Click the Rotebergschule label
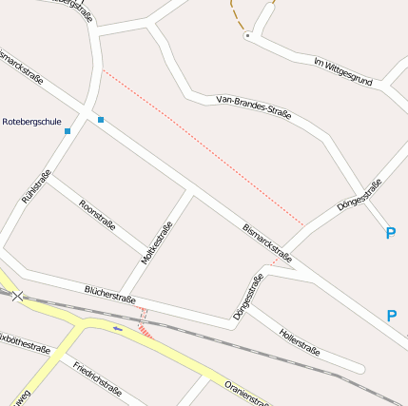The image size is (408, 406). click(32, 123)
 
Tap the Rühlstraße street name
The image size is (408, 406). click(35, 186)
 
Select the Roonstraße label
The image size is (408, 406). click(98, 214)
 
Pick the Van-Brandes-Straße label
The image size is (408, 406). click(254, 106)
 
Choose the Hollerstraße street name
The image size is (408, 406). click(300, 339)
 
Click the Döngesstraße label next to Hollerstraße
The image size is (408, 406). click(247, 297)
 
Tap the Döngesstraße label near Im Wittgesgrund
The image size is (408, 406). click(359, 195)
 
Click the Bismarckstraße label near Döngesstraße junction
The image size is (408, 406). click(267, 242)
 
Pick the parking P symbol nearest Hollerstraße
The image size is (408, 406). click(391, 316)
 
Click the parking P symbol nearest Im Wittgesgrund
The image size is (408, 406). click(390, 233)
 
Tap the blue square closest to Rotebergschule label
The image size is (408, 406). click(68, 131)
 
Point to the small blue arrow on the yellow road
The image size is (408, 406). click(118, 329)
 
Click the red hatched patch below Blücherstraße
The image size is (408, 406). click(146, 330)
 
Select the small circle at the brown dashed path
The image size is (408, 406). click(247, 35)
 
